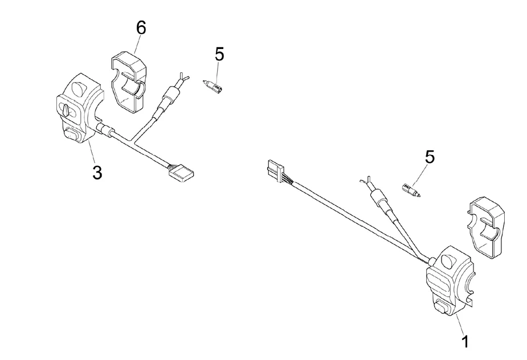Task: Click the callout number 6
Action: click(140, 28)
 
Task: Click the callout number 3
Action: click(97, 172)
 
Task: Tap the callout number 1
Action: click(465, 341)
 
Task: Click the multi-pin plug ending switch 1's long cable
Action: click(273, 171)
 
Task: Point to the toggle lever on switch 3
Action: click(66, 108)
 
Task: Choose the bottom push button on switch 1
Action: click(442, 308)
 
